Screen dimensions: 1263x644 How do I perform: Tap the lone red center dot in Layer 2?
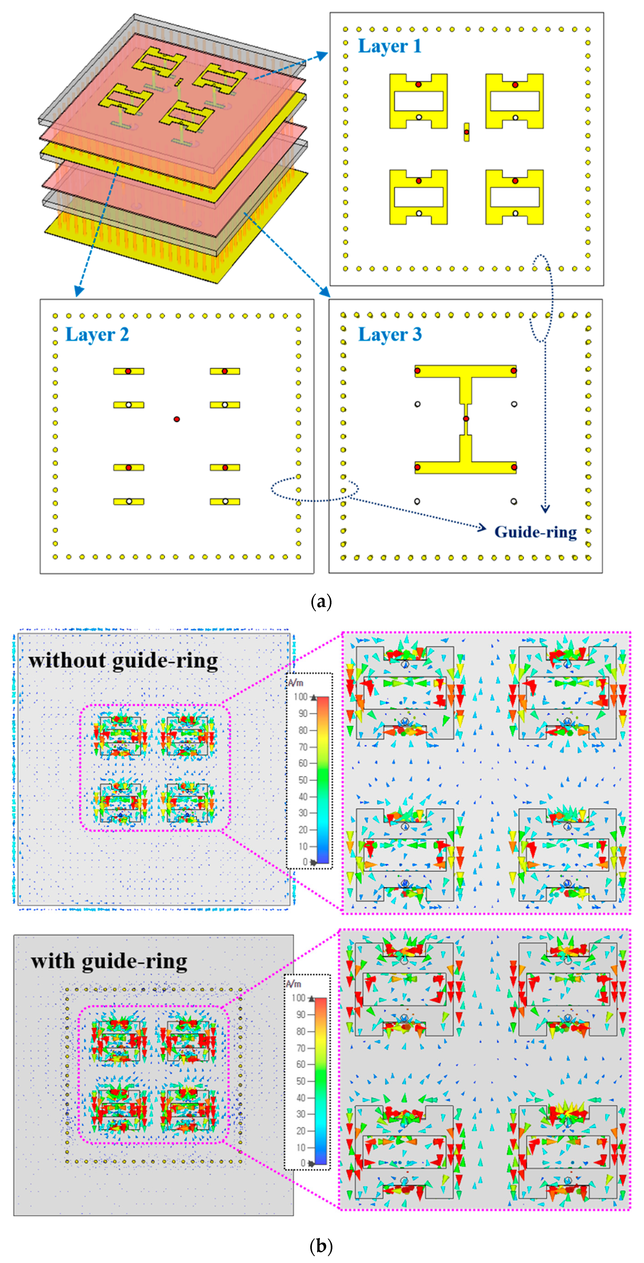[177, 419]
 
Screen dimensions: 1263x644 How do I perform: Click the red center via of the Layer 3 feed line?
[466, 419]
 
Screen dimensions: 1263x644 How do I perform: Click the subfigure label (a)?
[322, 602]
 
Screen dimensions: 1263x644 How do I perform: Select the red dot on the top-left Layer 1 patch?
[418, 84]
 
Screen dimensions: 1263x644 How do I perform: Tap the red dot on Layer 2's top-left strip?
[128, 371]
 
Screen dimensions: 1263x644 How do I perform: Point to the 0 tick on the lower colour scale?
[303, 1163]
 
